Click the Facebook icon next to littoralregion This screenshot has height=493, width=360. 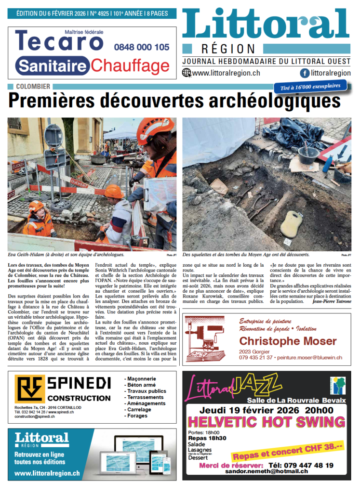305,73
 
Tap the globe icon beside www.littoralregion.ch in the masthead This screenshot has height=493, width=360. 187,73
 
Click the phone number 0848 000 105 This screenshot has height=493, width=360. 142,47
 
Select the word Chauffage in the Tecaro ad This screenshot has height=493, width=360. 127,65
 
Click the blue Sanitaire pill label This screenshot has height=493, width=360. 53,65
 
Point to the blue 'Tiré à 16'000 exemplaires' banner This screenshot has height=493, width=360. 310,87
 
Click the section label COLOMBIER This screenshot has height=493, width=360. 33,87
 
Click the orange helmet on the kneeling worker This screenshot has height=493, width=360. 114,191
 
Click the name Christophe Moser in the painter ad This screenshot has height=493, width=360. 288,341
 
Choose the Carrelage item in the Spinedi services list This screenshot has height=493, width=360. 139,410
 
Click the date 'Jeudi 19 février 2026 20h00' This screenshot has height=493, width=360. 267,410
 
